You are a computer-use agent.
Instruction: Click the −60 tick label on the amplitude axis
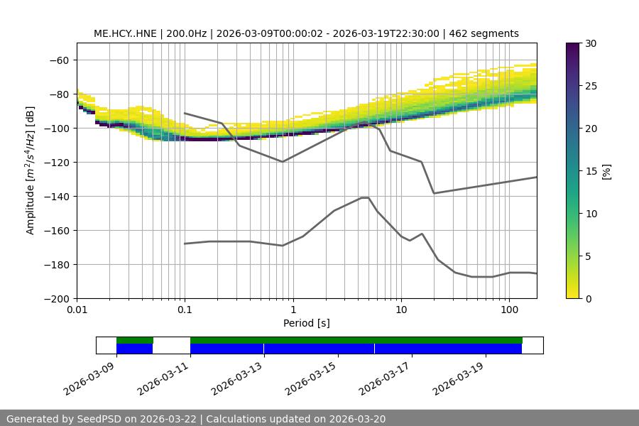pyautogui.click(x=58, y=60)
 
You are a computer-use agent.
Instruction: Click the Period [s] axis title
pyautogui.click(x=307, y=323)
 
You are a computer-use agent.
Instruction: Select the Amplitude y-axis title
pyautogui.click(x=31, y=171)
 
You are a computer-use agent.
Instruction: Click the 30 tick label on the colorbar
pyautogui.click(x=590, y=43)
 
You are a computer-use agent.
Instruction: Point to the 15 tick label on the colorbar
pyautogui.click(x=590, y=171)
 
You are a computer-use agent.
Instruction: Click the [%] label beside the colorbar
pyautogui.click(x=606, y=171)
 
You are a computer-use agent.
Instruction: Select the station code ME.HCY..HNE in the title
pyautogui.click(x=125, y=33)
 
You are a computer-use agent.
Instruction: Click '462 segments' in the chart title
pyautogui.click(x=486, y=33)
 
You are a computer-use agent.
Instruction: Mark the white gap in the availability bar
pyautogui.click(x=171, y=345)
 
